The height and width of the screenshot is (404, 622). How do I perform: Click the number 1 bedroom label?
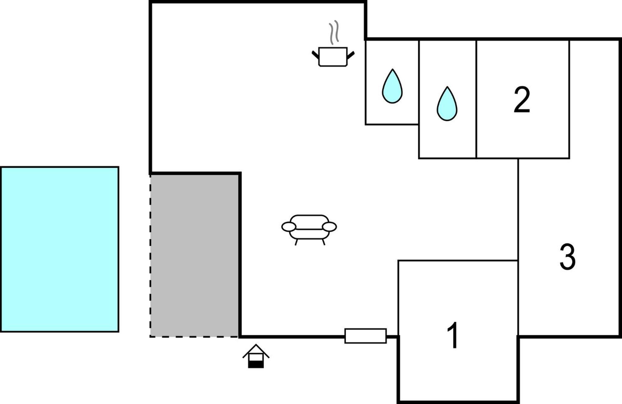tap(453, 335)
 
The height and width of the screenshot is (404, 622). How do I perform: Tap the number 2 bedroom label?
tap(522, 100)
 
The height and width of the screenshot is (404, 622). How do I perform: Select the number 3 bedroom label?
tap(567, 257)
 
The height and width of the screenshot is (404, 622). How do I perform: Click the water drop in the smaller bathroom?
tap(392, 86)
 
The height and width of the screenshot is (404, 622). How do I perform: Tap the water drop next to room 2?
tap(447, 104)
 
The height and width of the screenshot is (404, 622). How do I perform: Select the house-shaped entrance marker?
tap(256, 356)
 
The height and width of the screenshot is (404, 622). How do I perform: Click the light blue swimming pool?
tap(60, 249)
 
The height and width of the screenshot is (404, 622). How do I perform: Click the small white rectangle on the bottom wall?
tap(366, 336)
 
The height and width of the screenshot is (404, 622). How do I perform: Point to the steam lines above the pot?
tap(334, 32)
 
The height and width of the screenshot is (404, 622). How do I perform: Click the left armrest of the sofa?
tap(289, 227)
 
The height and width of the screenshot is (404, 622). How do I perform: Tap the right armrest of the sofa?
tap(329, 227)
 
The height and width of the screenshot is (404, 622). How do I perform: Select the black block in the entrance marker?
tap(256, 365)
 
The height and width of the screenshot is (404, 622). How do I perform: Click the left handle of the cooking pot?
tap(315, 55)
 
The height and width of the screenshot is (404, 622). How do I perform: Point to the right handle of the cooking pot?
tap(351, 55)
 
